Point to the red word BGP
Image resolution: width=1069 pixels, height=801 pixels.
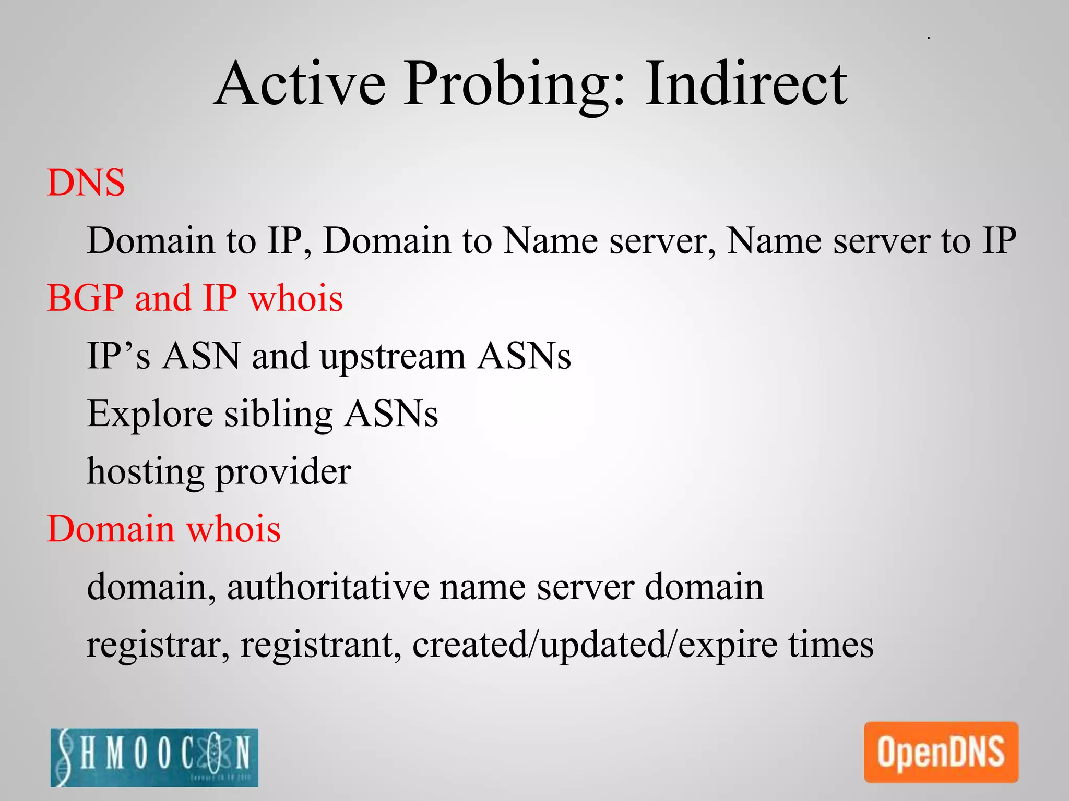tap(85, 298)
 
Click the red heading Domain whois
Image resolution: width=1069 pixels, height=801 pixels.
tap(164, 529)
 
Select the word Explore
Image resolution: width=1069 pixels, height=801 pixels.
tap(150, 414)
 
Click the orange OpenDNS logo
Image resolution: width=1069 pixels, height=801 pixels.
tap(941, 752)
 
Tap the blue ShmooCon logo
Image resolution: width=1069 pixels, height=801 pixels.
tap(155, 757)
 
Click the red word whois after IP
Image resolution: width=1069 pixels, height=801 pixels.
tap(296, 298)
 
